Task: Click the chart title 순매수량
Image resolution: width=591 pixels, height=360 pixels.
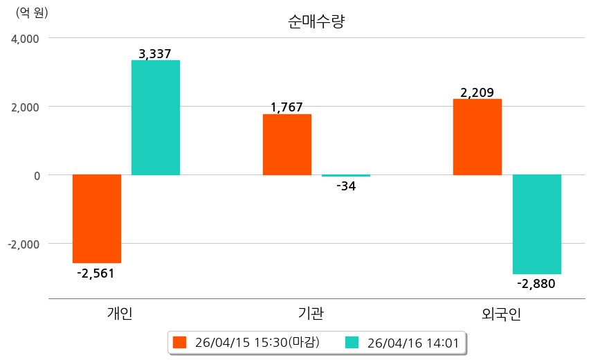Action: pos(316,21)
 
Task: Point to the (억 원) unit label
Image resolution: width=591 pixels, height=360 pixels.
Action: pos(33,12)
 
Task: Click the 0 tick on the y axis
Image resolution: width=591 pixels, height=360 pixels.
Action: pos(35,175)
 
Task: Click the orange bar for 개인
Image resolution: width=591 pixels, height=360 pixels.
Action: pos(97,218)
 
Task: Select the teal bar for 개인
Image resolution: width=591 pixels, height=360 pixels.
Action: pos(156,118)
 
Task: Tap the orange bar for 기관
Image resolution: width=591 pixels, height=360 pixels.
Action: pos(287,145)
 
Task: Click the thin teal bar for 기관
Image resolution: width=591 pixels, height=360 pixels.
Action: pos(346,176)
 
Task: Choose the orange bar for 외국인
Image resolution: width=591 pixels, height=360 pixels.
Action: pos(477,137)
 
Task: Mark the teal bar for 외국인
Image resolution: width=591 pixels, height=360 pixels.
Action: pos(536,224)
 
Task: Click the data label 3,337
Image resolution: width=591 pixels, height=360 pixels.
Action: pos(155,53)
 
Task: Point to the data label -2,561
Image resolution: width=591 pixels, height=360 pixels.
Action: pos(96,273)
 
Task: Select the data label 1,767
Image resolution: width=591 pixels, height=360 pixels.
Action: pos(287,107)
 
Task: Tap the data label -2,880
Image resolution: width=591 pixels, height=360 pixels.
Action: pos(536,283)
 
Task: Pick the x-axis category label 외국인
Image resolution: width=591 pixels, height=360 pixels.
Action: pos(502,314)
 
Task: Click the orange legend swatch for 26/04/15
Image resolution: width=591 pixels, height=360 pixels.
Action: pos(180,342)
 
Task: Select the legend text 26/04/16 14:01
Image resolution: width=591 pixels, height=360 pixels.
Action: pos(412,342)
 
